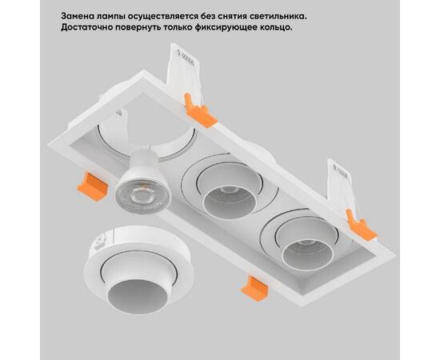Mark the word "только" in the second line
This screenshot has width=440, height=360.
point(202,27)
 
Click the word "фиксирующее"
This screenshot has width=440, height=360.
point(254,27)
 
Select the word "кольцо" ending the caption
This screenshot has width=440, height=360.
point(310,27)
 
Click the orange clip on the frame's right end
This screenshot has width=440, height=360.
point(361,225)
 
